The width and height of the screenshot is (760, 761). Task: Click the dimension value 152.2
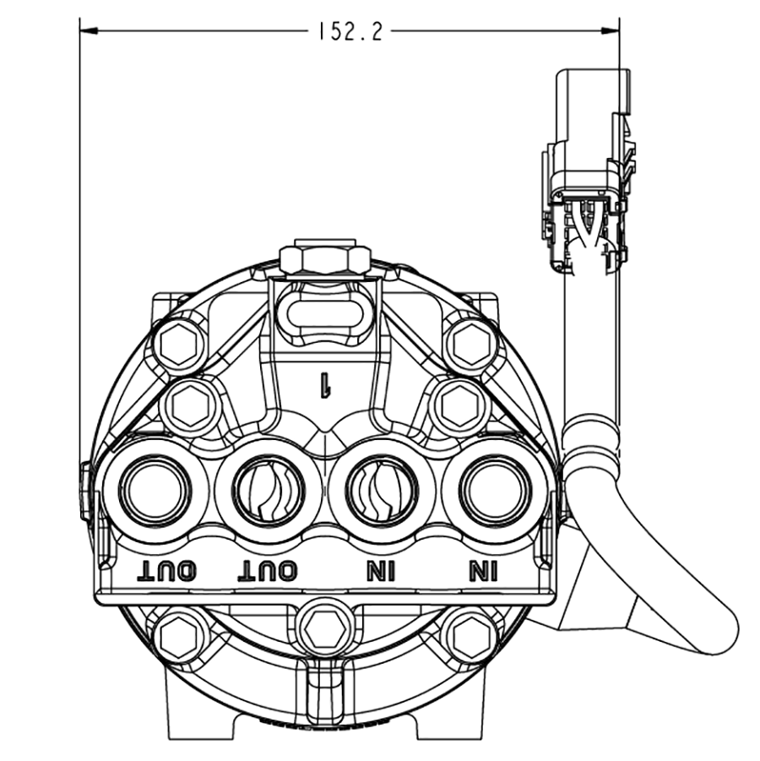[350, 32]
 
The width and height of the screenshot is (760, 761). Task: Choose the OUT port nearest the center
[268, 491]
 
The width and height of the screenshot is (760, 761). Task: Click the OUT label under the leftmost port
[167, 572]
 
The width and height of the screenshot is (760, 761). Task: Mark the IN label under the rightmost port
[483, 572]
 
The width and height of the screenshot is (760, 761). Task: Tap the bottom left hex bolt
[181, 636]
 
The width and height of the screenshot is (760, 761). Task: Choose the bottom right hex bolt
[470, 636]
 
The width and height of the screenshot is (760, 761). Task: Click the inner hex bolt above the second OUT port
[192, 406]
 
